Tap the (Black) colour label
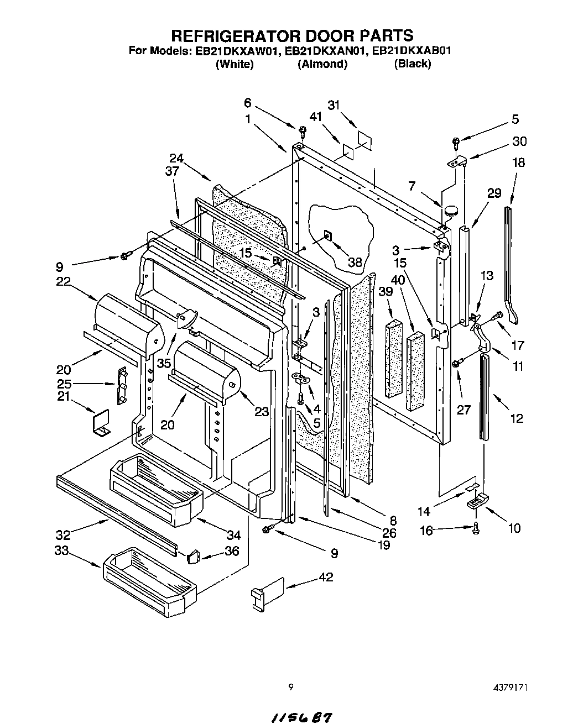click(412, 64)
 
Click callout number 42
click(326, 578)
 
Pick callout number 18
click(518, 162)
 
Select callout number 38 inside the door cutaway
click(354, 262)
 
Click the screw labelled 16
click(477, 529)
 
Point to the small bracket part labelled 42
click(268, 592)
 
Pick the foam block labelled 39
click(394, 358)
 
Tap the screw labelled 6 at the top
click(302, 130)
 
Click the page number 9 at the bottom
click(290, 688)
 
